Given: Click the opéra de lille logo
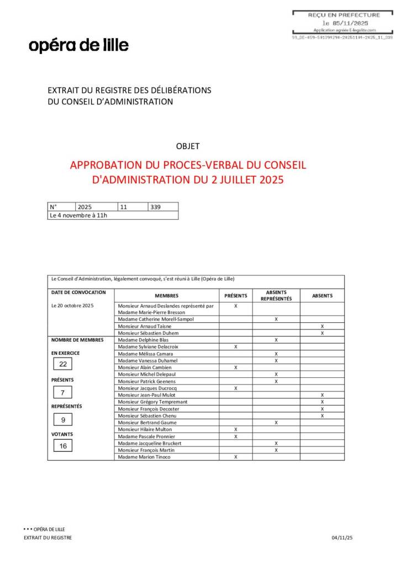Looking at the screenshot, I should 78,45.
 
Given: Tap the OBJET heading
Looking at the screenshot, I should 187,146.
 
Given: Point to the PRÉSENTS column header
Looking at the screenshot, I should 236,296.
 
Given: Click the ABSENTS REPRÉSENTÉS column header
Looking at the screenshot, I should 276,296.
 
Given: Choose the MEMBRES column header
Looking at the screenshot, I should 166,296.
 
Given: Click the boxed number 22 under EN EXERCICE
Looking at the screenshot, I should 63,364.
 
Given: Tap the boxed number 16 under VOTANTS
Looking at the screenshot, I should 63,446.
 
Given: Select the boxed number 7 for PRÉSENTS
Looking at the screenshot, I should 63,393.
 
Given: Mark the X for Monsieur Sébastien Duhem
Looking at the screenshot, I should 322,333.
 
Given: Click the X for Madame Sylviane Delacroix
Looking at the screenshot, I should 236,347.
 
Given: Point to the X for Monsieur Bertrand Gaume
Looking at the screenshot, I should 276,423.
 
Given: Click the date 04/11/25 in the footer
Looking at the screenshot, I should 342,537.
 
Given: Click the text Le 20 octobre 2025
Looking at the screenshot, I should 72,305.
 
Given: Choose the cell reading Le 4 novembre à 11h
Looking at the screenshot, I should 78,215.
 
